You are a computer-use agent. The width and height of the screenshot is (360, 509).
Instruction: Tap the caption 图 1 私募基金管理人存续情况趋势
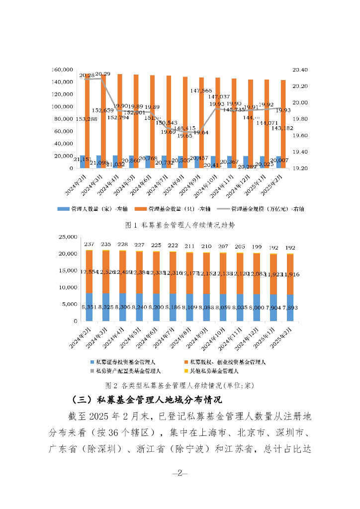[x=180, y=225]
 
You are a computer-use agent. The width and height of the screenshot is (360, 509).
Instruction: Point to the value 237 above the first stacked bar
[x=89, y=244]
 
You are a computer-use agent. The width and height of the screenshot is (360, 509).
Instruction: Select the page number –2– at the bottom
[x=180, y=472]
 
